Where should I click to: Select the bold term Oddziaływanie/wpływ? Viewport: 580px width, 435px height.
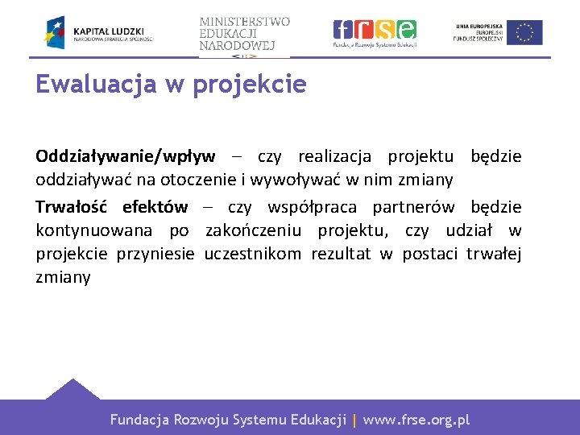125,156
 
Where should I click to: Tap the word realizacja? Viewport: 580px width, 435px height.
338,156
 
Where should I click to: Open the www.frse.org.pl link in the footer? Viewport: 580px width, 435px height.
416,420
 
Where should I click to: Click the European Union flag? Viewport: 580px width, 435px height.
524,32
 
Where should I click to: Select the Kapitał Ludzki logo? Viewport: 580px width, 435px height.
99,32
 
